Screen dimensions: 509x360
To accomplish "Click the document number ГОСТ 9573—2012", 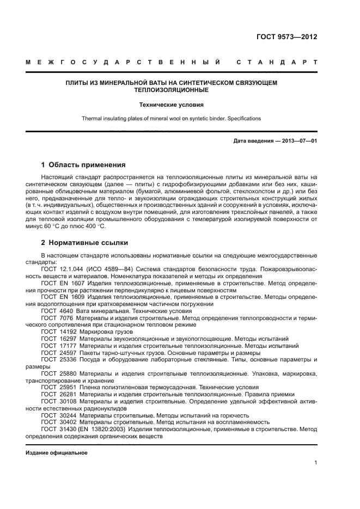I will tap(286, 38).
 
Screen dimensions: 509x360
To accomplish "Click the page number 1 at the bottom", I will tap(315, 463).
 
